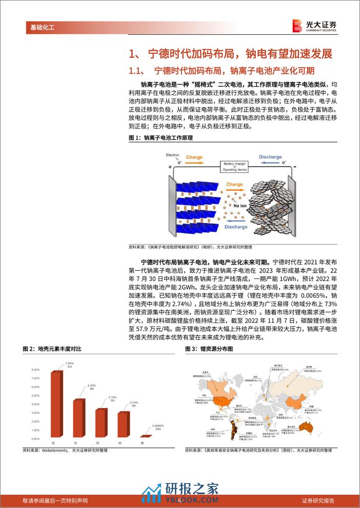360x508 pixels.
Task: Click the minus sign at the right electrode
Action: click(294, 167)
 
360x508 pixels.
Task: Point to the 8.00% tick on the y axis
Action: click(35, 369)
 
